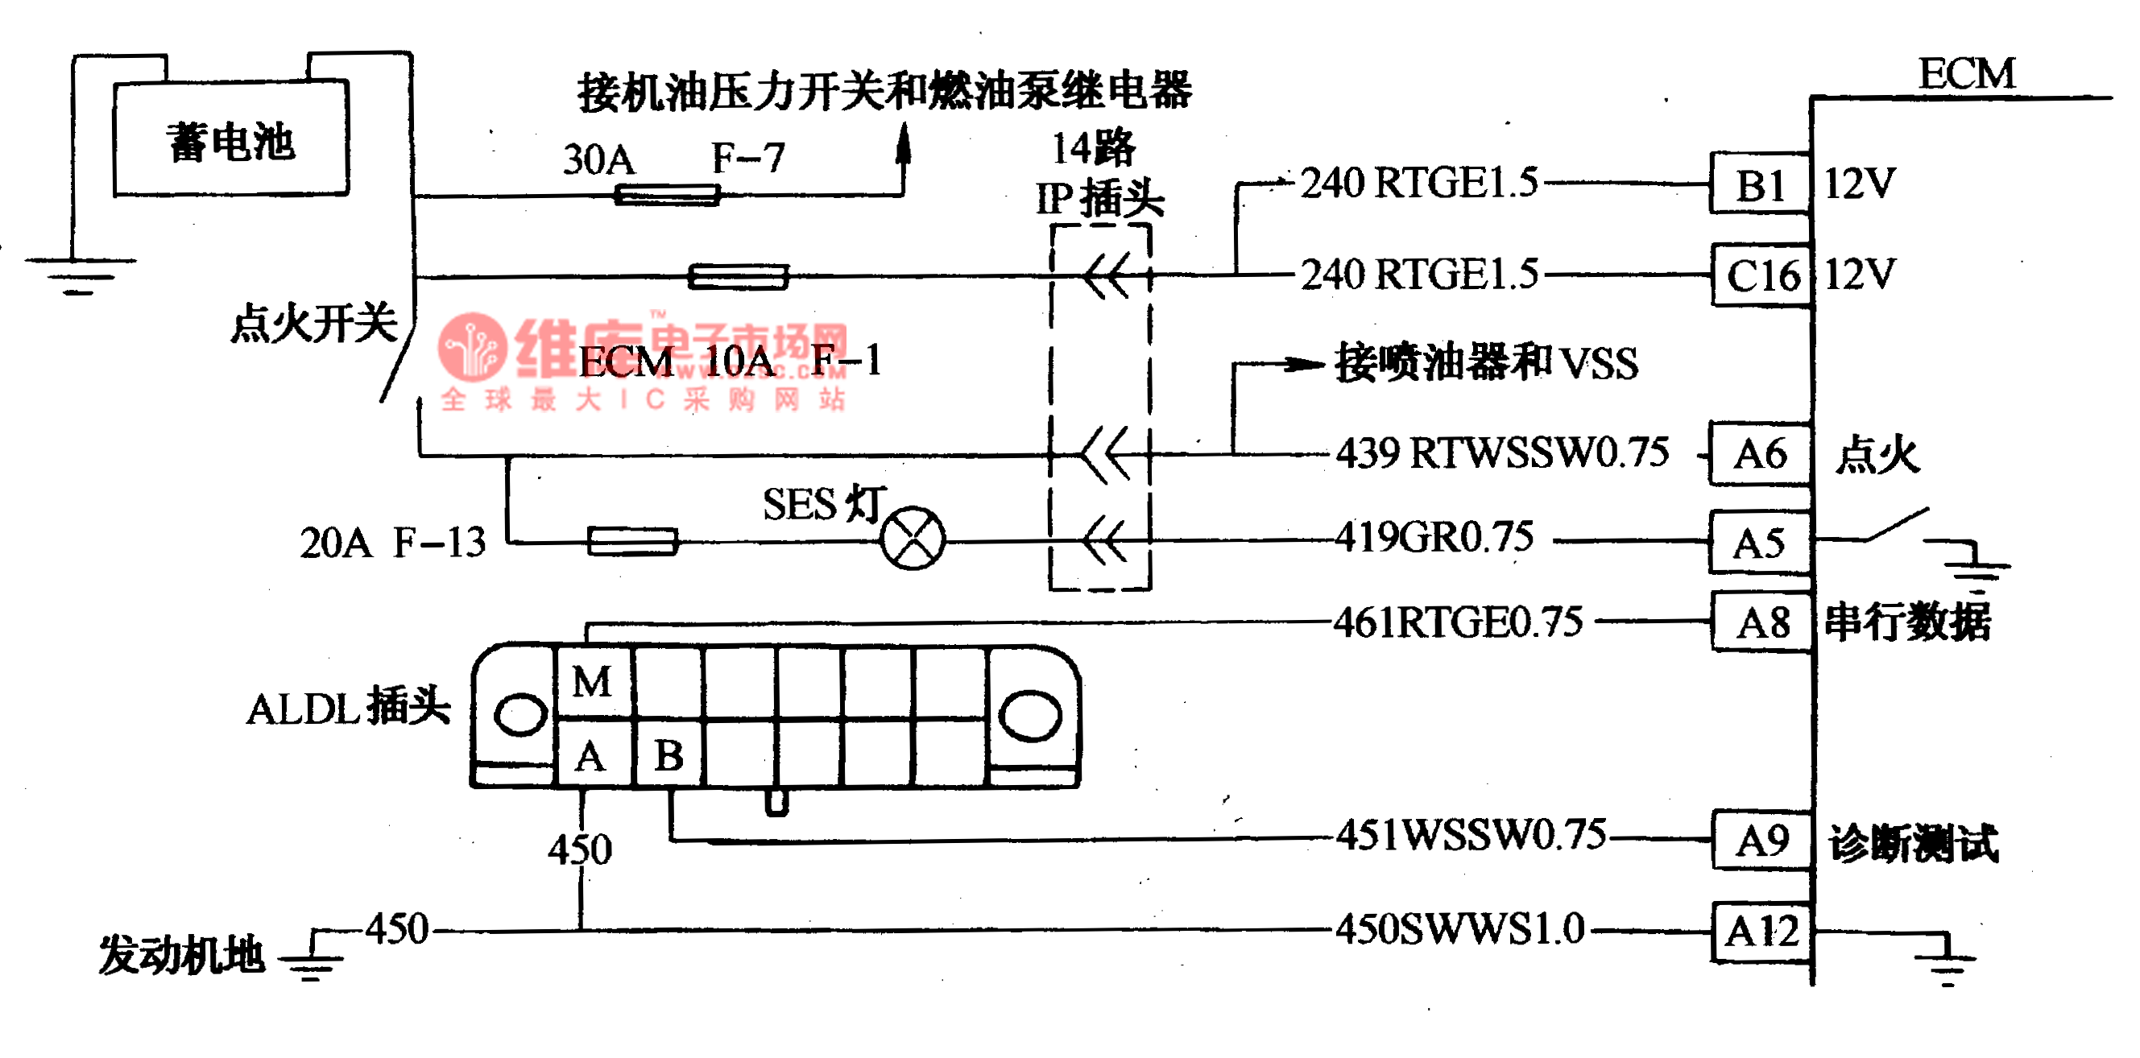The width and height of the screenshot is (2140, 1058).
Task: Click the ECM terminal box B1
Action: (1760, 184)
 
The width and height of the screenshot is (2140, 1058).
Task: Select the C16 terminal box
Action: (1762, 275)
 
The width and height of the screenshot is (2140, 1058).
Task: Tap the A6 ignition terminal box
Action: (1760, 453)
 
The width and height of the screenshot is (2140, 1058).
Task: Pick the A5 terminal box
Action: (1759, 543)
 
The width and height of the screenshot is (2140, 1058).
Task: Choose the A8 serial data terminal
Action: (1762, 622)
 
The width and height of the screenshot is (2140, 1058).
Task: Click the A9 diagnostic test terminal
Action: (1762, 841)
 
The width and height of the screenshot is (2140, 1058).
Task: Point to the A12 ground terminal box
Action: (1762, 931)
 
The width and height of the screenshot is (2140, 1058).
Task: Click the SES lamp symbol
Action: (913, 537)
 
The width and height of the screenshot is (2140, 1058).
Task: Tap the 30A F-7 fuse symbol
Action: (666, 195)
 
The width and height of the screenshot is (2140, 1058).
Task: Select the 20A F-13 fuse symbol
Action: (632, 541)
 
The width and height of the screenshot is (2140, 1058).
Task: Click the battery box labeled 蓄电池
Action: (230, 139)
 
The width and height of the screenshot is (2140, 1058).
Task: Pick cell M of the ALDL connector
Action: (592, 682)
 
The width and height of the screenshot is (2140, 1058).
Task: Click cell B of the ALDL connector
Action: (668, 755)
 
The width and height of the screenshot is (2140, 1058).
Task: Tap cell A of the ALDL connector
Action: (591, 755)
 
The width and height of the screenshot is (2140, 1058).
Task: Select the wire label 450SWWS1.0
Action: (1459, 929)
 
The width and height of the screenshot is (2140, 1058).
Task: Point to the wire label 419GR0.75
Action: (1434, 537)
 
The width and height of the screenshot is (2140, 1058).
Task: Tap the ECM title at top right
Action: (1966, 74)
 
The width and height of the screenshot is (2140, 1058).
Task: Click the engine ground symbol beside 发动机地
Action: (311, 961)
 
